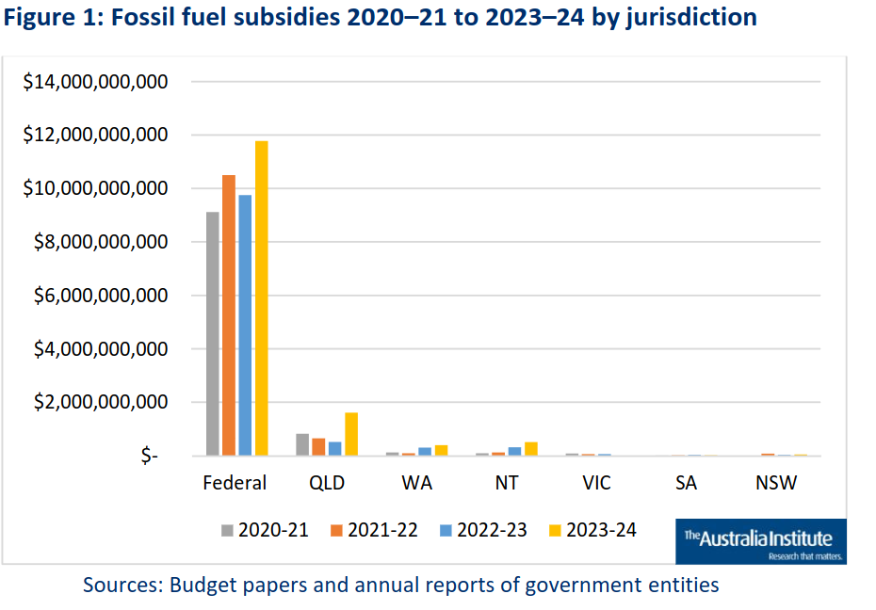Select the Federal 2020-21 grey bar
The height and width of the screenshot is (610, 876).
click(x=213, y=334)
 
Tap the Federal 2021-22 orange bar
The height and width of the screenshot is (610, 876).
click(x=229, y=315)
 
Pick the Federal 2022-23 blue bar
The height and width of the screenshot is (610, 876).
click(x=245, y=326)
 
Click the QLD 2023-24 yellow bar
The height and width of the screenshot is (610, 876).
click(x=351, y=434)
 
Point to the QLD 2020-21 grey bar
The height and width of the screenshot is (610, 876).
click(x=302, y=444)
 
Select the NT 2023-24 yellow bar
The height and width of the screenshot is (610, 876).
click(x=531, y=448)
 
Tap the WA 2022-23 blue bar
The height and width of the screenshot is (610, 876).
click(x=425, y=451)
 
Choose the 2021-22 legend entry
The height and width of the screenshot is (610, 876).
click(x=374, y=530)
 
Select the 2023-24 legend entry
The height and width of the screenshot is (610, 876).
click(x=592, y=530)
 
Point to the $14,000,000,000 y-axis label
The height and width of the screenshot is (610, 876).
click(x=94, y=83)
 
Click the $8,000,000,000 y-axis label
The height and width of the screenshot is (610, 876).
click(x=101, y=243)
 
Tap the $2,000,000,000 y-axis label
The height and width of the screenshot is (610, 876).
click(x=101, y=403)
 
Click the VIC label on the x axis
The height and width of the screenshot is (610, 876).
click(x=596, y=483)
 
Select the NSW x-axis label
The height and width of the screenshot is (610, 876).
click(x=776, y=483)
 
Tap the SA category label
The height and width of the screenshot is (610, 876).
click(x=687, y=483)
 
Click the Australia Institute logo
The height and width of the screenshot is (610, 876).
click(x=760, y=541)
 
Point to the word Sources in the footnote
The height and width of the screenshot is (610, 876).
click(x=120, y=585)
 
